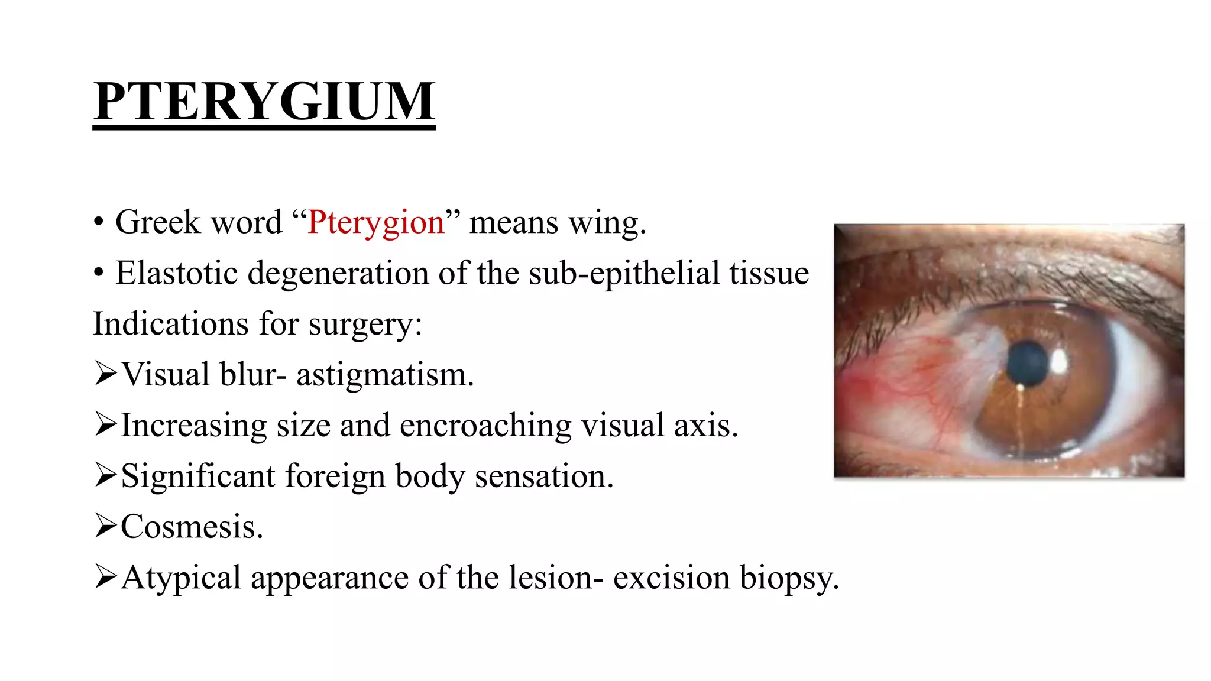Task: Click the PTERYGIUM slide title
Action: pyautogui.click(x=264, y=102)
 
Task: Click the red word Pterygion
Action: pyautogui.click(x=375, y=223)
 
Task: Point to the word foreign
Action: pyautogui.click(x=335, y=476)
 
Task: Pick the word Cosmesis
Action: pyautogui.click(x=192, y=527)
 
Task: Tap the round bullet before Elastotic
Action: pyautogui.click(x=99, y=274)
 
